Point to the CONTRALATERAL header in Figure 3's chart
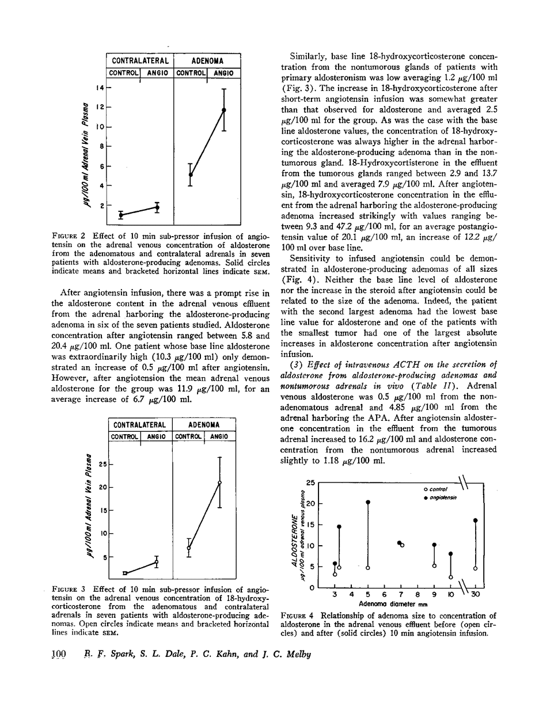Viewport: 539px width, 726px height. [x=141, y=425]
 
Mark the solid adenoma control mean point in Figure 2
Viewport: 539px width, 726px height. [x=191, y=174]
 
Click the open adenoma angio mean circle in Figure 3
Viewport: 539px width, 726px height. [x=220, y=482]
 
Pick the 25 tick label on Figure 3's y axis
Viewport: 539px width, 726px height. [x=103, y=464]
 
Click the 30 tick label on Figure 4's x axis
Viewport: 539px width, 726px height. [x=476, y=595]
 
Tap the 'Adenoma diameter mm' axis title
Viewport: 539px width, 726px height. [x=392, y=604]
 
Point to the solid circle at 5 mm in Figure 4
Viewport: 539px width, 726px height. [x=368, y=502]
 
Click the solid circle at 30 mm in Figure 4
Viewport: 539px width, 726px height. [x=476, y=520]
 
